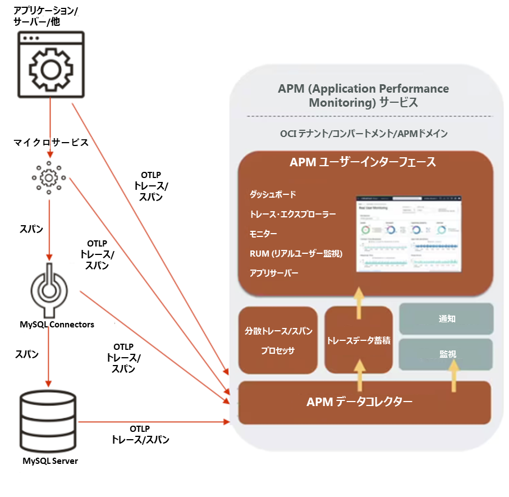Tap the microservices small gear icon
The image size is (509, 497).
[49, 177]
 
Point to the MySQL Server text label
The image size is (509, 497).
[49, 461]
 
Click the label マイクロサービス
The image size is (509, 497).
[51, 143]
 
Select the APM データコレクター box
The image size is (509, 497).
[359, 402]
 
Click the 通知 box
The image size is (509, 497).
[446, 318]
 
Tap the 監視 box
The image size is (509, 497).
[446, 355]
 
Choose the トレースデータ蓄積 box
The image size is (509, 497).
[359, 340]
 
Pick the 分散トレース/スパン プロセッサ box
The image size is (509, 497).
[277, 341]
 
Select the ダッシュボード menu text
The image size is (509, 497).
[273, 194]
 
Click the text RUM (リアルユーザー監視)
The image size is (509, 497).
[296, 253]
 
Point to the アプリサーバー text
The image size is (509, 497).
[274, 273]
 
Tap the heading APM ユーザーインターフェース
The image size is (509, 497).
[363, 162]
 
